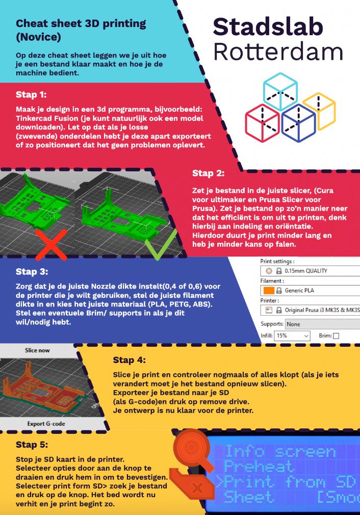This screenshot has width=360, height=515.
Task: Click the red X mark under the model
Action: [x=51, y=245]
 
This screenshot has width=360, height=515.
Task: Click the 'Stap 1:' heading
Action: [x=31, y=95]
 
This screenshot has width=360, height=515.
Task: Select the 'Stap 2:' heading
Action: [x=208, y=173]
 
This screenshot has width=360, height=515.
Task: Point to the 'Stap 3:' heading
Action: [x=32, y=272]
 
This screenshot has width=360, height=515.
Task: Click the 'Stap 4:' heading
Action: [x=130, y=360]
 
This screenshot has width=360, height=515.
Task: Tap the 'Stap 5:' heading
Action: [x=32, y=445]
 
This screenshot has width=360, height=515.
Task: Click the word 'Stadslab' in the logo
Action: [x=268, y=27]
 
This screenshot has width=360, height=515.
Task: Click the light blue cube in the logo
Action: [x=280, y=91]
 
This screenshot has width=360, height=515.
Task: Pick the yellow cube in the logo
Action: [x=320, y=112]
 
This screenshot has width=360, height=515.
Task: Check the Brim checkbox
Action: [x=336, y=336]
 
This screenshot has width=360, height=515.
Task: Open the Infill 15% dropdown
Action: [x=292, y=336]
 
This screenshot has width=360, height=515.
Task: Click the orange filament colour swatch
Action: [x=269, y=290]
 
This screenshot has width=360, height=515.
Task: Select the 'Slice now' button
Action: [x=37, y=350]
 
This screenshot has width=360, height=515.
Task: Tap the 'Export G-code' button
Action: [x=46, y=424]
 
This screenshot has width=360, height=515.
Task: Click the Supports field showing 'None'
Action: [x=322, y=324]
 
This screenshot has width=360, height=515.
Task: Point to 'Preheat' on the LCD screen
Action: [x=259, y=467]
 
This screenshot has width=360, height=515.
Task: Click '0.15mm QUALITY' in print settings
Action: [x=306, y=271]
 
